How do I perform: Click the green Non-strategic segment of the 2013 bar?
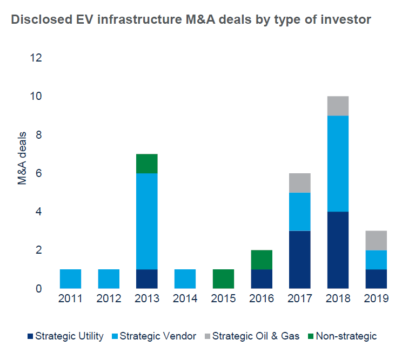point(146,164)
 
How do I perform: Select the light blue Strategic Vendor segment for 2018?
point(338,164)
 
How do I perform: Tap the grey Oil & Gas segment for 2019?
point(376,241)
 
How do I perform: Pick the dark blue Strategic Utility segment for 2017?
point(299,260)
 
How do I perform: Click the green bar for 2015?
point(223,279)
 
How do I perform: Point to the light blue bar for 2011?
point(70,279)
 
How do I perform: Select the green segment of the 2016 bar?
point(262,260)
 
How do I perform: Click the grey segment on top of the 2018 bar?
point(338,106)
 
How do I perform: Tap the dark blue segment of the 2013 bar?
point(146,279)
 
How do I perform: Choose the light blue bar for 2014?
point(185,279)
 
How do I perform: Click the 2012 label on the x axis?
point(109,298)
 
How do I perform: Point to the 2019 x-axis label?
point(376,298)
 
